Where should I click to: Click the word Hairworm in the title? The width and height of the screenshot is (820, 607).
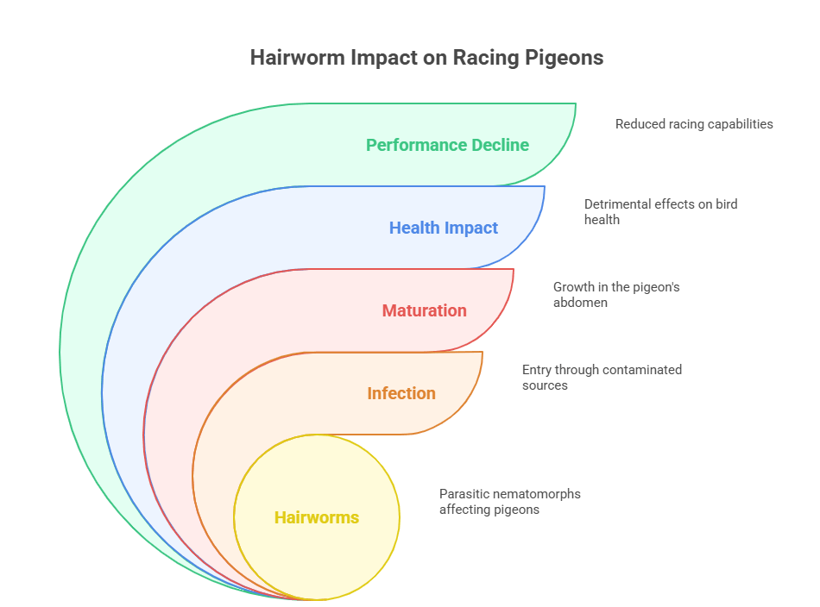[x=298, y=58]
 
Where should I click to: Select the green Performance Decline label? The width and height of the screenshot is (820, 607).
[x=447, y=145]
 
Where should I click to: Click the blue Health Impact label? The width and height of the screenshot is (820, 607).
[x=444, y=228]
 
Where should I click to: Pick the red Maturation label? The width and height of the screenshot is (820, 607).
[x=424, y=310]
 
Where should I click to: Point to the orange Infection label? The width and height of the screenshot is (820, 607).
[x=401, y=393]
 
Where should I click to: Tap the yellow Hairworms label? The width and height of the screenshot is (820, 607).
[x=317, y=517]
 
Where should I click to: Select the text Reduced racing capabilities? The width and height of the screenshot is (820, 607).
[x=694, y=124]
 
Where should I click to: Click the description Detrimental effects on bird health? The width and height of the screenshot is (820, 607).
[x=661, y=211]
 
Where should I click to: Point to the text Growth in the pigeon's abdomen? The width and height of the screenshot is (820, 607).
[x=616, y=295]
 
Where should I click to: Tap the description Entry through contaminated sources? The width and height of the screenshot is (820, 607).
[x=602, y=377]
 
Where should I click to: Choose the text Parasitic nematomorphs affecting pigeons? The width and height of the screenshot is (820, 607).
[x=510, y=502]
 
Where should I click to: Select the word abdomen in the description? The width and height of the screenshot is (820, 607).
[x=581, y=303]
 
